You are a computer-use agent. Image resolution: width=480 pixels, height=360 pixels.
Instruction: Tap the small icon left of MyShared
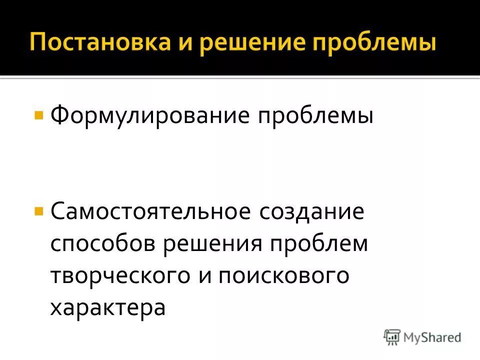click(392, 337)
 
